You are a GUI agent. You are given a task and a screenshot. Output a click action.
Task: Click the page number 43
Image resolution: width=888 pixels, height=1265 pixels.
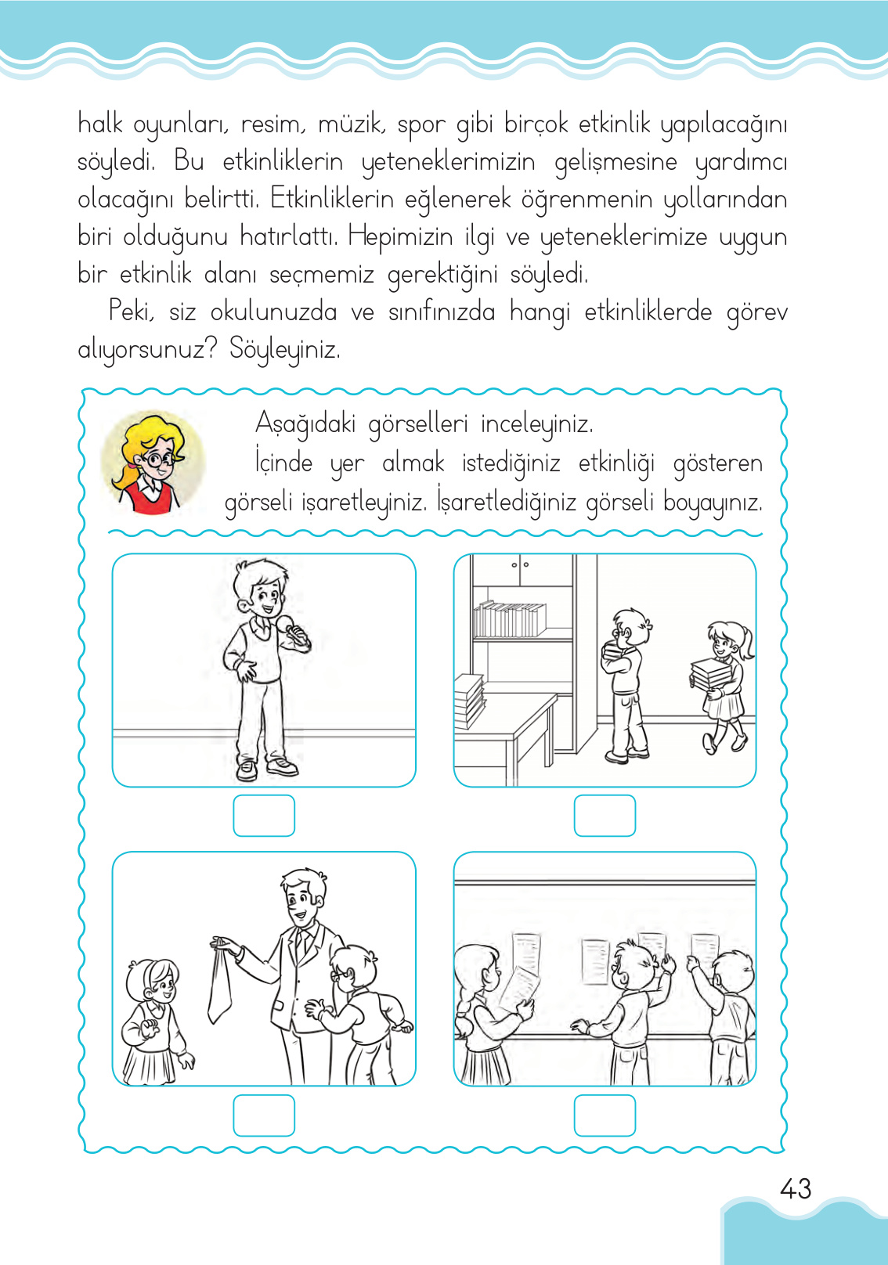coord(795,1189)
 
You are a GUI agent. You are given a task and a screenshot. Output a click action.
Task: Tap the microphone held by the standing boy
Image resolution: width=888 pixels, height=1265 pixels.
coord(292,628)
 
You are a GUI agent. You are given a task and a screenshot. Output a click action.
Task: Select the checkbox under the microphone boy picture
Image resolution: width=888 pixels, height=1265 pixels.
coord(264,816)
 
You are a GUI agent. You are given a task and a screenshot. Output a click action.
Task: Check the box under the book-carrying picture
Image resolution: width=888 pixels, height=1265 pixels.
coord(605,816)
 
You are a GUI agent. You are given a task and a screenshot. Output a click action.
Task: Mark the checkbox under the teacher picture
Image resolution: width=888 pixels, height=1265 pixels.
coord(264,1115)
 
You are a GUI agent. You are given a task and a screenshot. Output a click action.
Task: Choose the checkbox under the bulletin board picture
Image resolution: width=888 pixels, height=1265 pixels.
coord(605,1115)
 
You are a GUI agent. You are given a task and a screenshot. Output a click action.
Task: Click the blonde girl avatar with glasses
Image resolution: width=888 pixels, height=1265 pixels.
coord(153,463)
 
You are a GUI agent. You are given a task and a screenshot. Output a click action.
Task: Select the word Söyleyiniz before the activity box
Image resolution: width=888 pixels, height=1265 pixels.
coord(284,349)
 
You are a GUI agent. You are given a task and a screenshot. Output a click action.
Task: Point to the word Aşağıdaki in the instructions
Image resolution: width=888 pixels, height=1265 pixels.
coord(305,424)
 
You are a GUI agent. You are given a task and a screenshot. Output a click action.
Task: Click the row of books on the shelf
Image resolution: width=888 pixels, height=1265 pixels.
coord(509,619)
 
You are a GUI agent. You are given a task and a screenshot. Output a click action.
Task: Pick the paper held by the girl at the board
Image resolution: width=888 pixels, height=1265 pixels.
coord(518,988)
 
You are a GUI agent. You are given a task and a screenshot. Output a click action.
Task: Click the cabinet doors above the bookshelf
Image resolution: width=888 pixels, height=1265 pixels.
coord(521,570)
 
